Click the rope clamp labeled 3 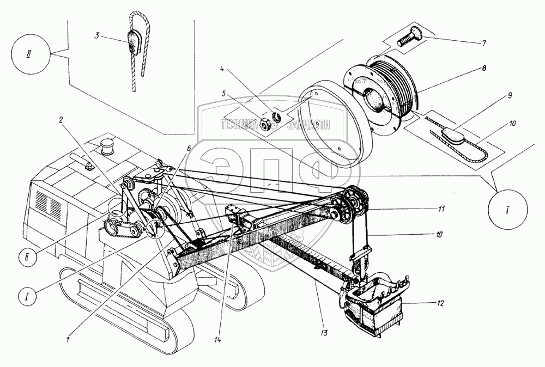click(134, 42)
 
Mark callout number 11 click(443, 209)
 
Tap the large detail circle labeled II click(32, 56)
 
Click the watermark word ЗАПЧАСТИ click(306, 125)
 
